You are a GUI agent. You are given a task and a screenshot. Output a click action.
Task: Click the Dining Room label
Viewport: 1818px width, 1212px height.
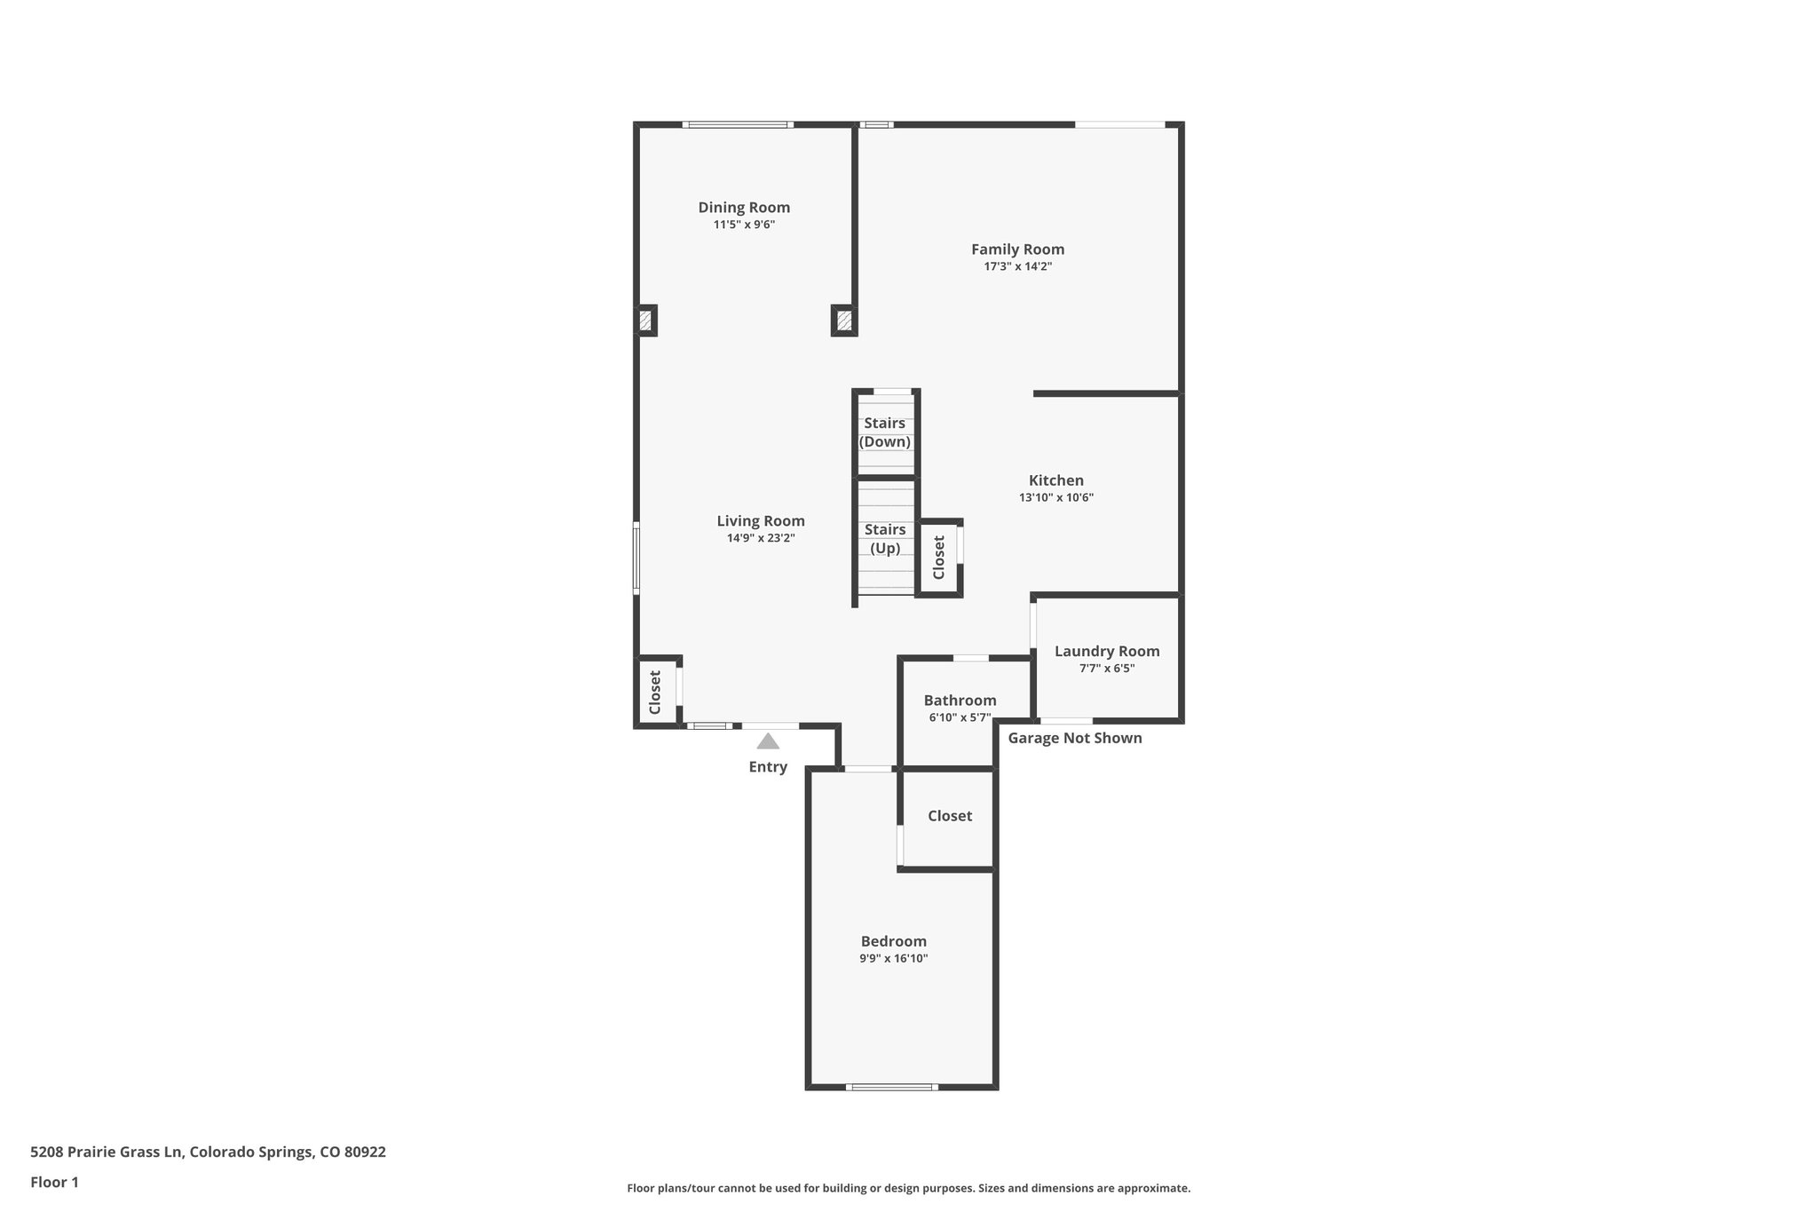(743, 207)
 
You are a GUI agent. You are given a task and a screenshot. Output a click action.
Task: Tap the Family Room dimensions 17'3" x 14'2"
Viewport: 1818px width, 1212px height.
(1017, 266)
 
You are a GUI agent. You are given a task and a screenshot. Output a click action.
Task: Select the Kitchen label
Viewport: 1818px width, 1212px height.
(1055, 480)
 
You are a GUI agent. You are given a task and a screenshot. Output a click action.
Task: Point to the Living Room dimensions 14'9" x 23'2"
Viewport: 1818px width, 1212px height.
(760, 538)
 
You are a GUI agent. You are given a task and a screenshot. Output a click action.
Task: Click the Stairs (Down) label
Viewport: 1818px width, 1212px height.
(884, 432)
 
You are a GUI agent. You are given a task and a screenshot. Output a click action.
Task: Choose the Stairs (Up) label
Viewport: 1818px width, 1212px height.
(884, 539)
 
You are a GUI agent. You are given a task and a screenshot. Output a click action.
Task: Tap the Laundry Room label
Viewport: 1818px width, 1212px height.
(1106, 651)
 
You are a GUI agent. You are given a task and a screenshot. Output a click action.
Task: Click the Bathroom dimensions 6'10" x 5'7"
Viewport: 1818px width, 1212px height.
(959, 717)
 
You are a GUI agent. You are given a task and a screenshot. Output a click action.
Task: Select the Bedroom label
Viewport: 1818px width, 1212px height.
(893, 941)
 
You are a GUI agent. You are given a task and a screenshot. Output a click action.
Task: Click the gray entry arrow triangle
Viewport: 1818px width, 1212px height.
(768, 741)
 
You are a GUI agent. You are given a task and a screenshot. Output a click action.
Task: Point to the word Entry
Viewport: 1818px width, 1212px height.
(767, 767)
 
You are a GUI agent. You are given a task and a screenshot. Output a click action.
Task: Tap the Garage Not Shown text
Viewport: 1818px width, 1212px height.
(1074, 738)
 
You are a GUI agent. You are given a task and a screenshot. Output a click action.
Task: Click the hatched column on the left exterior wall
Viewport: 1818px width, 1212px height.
(645, 321)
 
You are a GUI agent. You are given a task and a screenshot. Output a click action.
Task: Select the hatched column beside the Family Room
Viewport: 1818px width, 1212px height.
(844, 321)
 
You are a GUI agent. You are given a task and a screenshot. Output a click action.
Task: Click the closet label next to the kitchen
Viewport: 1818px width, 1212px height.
(938, 558)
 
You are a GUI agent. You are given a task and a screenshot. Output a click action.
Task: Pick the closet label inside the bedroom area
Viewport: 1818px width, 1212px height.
(949, 816)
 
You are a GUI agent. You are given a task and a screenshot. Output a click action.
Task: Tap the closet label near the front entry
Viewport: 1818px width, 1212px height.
(655, 692)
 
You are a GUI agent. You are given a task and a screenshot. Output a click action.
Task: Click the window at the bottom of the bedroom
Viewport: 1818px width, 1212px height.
(891, 1087)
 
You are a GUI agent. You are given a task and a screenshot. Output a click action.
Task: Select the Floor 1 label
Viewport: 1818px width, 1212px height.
(54, 1182)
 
